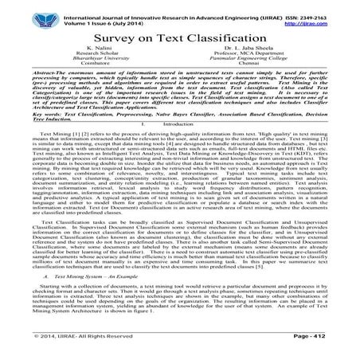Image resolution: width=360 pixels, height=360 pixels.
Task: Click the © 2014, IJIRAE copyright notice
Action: [64, 349]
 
